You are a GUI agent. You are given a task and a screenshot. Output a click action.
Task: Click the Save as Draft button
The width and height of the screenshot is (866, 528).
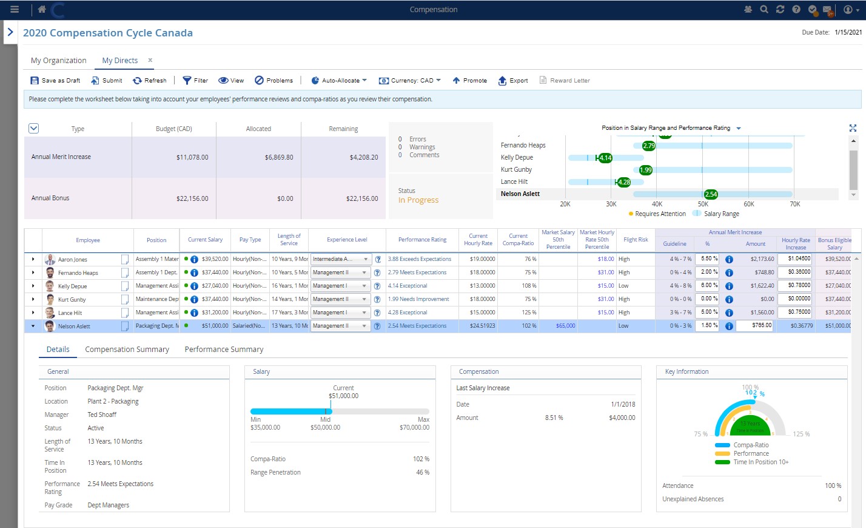55,80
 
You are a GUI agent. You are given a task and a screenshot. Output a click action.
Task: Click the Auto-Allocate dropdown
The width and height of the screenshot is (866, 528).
339,80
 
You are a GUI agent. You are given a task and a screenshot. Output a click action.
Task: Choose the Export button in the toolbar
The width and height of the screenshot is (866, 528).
512,80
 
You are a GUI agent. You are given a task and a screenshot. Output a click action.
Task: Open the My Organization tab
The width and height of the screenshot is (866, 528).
58,60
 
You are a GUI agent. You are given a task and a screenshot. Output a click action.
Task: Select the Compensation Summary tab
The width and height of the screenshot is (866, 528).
127,349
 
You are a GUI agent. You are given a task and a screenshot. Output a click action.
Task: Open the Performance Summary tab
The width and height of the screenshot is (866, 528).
224,349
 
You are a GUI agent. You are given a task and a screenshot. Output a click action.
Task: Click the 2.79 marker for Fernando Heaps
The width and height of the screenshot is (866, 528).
649,146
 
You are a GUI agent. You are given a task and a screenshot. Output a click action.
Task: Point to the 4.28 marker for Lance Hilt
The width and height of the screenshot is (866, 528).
623,182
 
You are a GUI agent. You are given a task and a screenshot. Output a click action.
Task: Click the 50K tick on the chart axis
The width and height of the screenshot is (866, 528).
703,204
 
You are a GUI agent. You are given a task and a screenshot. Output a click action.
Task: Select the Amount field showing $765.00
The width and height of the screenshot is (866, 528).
754,325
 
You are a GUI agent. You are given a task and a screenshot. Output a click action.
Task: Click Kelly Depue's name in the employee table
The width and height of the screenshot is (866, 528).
72,286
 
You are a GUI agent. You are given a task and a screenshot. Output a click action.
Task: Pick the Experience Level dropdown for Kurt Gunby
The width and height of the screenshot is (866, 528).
340,299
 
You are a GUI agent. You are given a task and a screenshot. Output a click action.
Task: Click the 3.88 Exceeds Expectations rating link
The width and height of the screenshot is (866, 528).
420,259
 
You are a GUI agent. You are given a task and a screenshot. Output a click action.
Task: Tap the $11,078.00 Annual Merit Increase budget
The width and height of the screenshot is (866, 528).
192,157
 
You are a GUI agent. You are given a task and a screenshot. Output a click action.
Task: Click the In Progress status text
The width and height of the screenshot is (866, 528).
418,200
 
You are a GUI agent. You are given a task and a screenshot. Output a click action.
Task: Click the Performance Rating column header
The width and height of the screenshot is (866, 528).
422,240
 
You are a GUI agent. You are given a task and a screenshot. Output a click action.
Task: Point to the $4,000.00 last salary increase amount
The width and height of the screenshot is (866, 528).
622,418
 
